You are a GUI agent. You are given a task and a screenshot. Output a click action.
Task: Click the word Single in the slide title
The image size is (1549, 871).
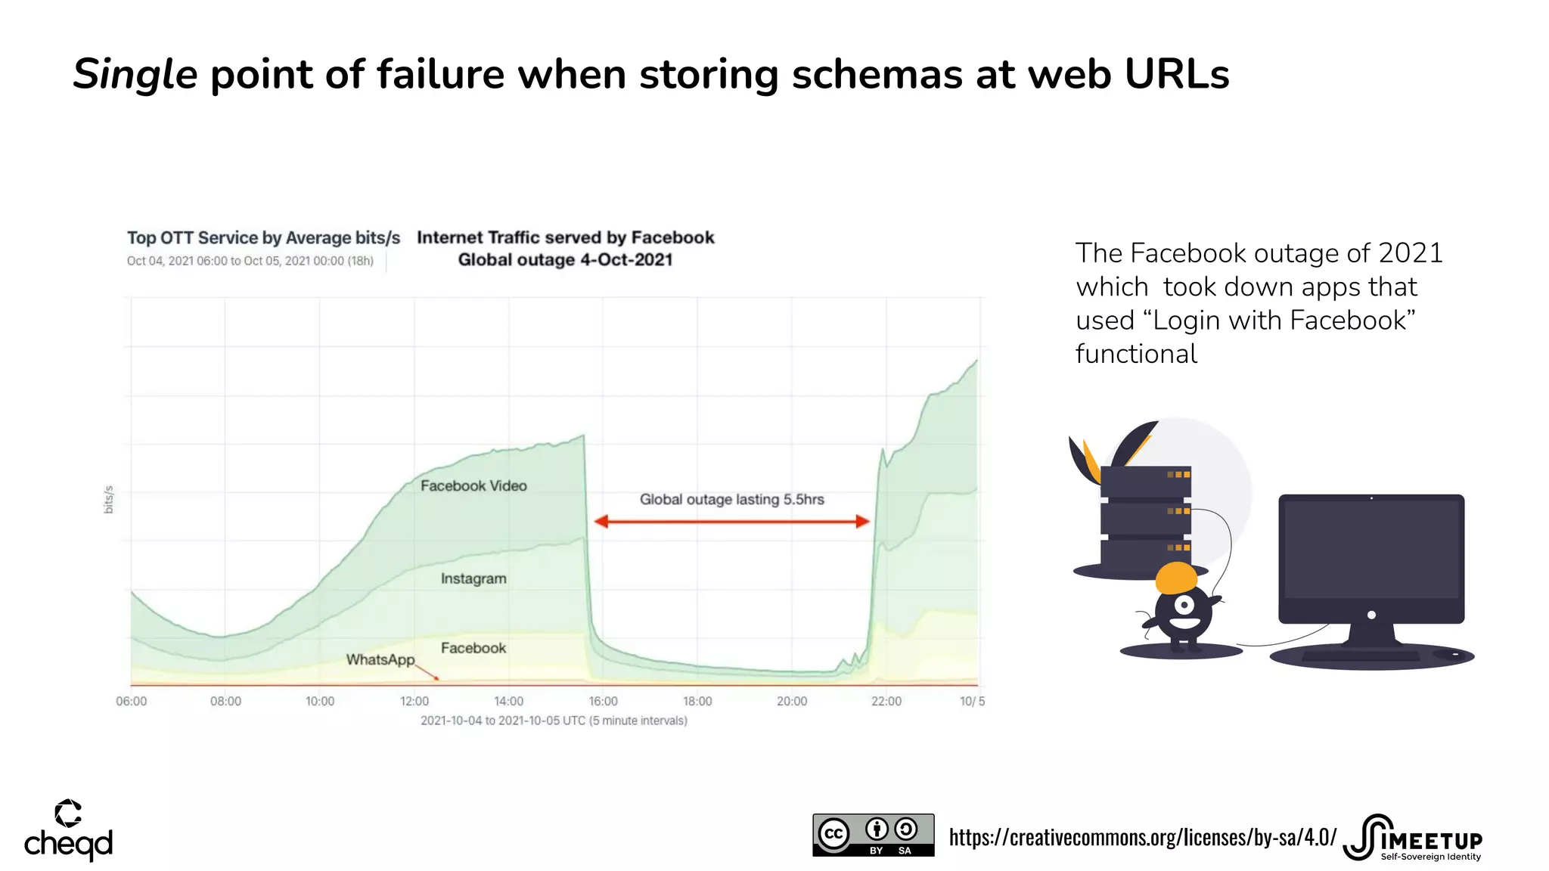[135, 76]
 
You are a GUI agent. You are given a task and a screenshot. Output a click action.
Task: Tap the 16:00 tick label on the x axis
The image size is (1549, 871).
[603, 702]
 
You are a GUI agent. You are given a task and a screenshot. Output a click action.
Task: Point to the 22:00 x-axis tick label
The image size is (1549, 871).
[886, 702]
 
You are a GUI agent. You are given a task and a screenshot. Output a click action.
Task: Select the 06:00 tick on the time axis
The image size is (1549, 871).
[131, 702]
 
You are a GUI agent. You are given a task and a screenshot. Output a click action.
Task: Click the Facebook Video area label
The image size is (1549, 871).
[473, 486]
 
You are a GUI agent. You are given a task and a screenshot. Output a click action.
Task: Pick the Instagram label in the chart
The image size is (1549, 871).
[473, 579]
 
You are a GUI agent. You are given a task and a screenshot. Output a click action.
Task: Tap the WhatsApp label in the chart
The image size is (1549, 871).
[380, 660]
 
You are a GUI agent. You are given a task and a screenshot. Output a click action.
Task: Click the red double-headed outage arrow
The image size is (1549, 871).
[731, 522]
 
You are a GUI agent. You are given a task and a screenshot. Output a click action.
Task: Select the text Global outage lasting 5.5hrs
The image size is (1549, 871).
[731, 500]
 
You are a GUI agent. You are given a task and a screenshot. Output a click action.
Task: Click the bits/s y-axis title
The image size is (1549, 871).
[109, 500]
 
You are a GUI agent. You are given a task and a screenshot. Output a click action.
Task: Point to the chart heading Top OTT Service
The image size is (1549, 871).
[263, 238]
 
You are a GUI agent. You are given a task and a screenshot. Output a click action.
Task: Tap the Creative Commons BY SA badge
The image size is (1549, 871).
[873, 835]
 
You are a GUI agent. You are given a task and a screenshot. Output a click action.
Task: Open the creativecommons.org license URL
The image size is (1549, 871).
[1142, 838]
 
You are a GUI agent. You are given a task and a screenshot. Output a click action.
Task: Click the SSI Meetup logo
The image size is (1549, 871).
[1412, 838]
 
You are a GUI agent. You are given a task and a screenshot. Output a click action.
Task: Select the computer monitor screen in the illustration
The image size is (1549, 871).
[1371, 549]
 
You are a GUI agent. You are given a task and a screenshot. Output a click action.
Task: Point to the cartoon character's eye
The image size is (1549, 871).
[1184, 606]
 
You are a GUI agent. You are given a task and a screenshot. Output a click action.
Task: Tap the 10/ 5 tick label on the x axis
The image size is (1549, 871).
[972, 702]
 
